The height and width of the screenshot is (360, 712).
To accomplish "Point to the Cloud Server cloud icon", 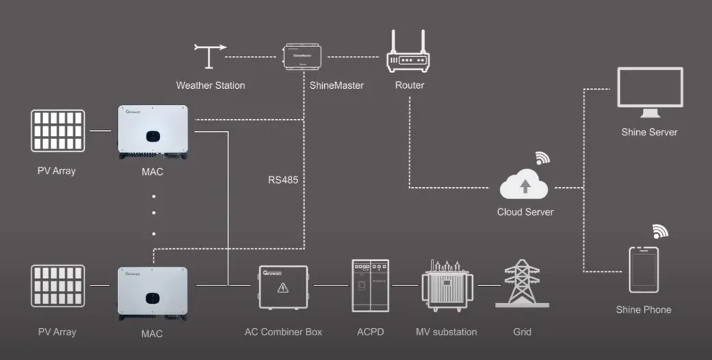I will [524, 185].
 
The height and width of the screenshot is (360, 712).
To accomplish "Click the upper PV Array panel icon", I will [57, 130].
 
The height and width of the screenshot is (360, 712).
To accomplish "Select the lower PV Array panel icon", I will [57, 285].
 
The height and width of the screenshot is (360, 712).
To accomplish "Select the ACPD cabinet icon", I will [370, 286].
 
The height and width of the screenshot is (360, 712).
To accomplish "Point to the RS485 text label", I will [283, 180].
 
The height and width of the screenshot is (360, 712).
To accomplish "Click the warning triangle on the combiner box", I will [283, 288].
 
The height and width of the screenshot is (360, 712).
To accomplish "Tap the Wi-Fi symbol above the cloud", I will [543, 158].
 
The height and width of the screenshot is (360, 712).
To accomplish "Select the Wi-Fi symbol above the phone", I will [659, 231].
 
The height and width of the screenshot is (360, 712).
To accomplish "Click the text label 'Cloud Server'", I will [525, 212].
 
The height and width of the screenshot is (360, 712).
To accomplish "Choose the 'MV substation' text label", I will [446, 332].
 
